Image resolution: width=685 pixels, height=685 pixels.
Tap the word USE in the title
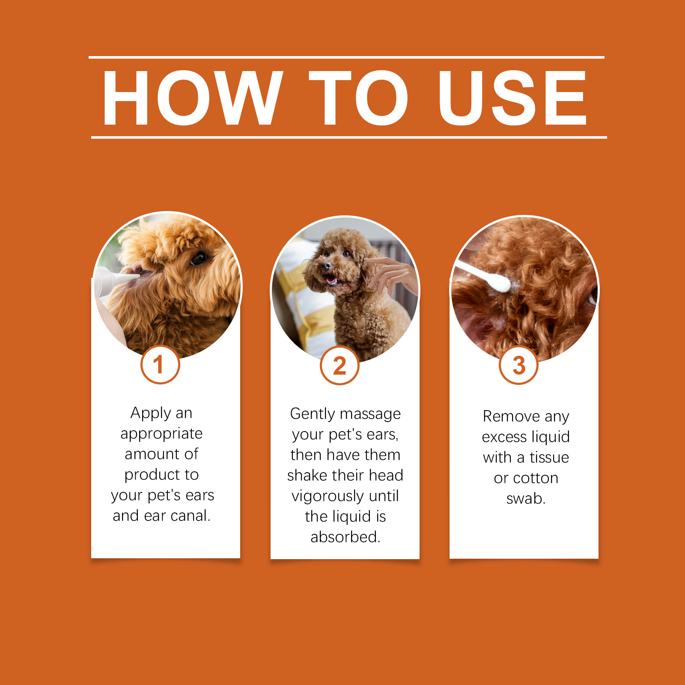coord(512,98)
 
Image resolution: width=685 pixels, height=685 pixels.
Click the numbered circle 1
coord(160,365)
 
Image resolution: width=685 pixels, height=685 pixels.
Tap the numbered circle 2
coord(340,366)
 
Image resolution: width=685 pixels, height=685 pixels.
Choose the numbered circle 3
coord(518,365)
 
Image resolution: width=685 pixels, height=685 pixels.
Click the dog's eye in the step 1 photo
coord(199,258)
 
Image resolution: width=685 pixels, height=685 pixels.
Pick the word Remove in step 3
coord(511,416)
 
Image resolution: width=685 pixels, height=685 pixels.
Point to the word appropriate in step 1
coord(161,434)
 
